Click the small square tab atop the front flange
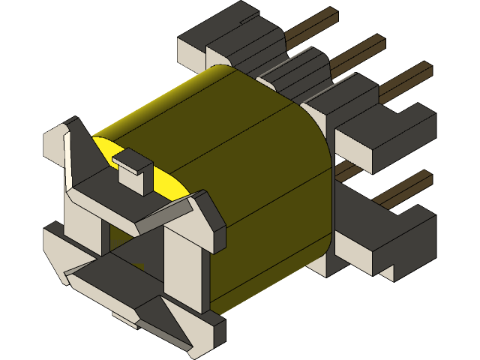pyautogui.click(x=133, y=169)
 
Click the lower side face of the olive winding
pyautogui.click(x=270, y=225)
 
